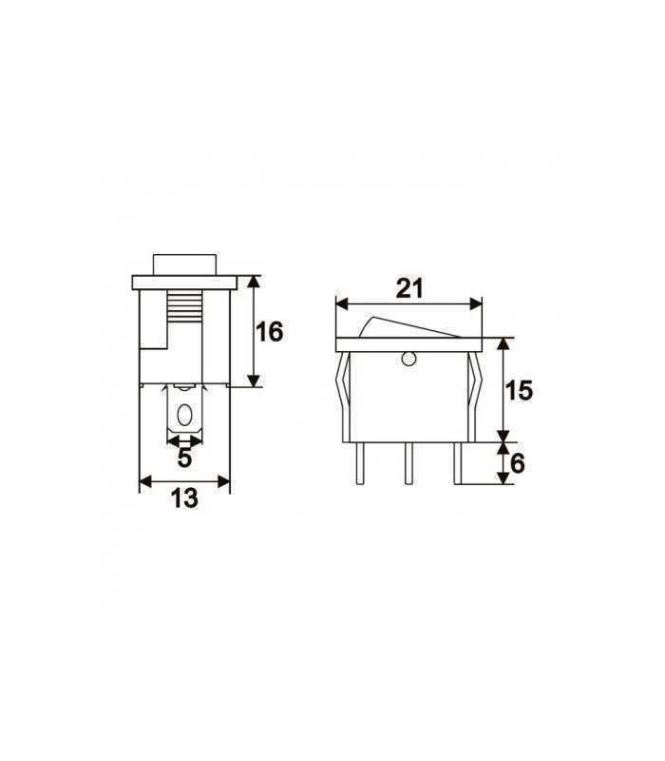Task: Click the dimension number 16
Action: pos(270,332)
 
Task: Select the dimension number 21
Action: pos(409,289)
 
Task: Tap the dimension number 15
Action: pos(520,390)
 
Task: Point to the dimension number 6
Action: pos(518,463)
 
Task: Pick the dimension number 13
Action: pos(185,498)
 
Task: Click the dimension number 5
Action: pos(185,458)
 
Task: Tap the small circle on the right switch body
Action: pos(408,359)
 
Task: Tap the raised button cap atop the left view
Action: pos(184,263)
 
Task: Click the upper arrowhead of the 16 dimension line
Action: pos(255,281)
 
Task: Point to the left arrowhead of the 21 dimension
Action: pos(341,304)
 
